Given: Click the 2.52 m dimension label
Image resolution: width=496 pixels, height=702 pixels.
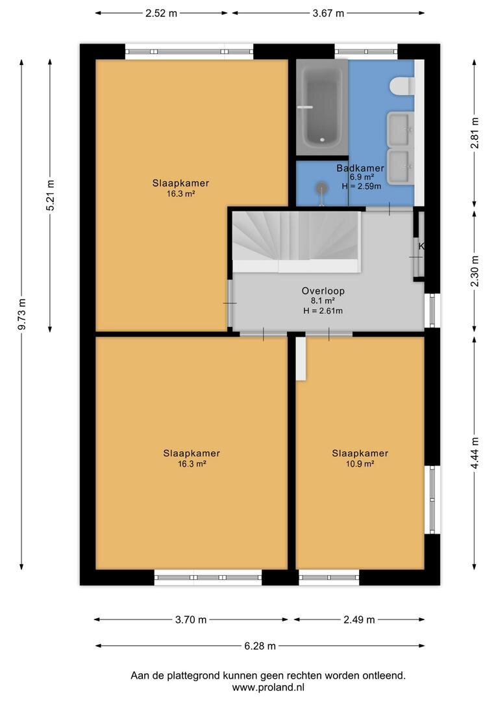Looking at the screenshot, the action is [x=161, y=13].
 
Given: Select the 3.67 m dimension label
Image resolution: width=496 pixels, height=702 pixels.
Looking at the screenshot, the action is [x=329, y=13].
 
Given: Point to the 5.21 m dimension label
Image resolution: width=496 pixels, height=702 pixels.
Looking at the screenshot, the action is [x=50, y=195].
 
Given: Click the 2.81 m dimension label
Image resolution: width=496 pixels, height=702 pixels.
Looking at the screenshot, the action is [x=475, y=133].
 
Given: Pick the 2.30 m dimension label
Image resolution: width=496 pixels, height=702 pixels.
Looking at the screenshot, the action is [x=475, y=271].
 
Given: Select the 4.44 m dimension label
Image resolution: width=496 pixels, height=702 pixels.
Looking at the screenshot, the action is [x=475, y=453].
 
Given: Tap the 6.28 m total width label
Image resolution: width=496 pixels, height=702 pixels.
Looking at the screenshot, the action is [x=260, y=646].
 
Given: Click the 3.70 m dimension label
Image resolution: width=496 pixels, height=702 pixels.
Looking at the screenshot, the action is [x=190, y=620].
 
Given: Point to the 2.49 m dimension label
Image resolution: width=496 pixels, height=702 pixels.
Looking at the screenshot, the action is [x=359, y=620].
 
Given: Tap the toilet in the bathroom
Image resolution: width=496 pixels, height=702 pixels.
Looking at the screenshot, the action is [x=402, y=86].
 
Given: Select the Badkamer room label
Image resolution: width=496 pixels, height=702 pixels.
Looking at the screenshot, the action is [x=360, y=168].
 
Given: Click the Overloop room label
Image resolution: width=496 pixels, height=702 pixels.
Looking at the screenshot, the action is [x=323, y=291].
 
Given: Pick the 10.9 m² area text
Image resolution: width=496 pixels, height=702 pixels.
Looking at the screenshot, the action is [x=360, y=464].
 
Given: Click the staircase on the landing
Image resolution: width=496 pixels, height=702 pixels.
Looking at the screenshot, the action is [x=296, y=242].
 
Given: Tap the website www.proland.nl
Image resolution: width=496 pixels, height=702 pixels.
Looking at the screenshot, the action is [x=268, y=687].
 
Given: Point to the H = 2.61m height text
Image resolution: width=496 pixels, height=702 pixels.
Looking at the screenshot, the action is [x=323, y=311].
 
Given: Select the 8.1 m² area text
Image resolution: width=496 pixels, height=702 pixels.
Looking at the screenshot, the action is [x=323, y=301].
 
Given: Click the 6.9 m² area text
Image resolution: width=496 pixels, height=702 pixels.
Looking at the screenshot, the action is [x=362, y=177].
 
